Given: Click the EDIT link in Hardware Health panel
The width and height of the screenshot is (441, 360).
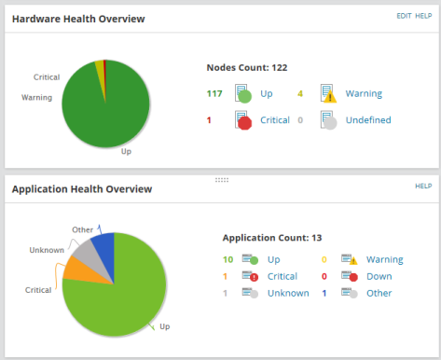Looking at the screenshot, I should (x=404, y=16).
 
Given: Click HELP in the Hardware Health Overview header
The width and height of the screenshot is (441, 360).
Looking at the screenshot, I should (x=423, y=16).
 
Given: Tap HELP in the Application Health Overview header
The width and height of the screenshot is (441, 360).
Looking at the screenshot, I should (x=423, y=187).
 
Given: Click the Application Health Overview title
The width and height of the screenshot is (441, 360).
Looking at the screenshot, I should (x=81, y=189).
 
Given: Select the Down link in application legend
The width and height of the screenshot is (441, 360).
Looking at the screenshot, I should (x=379, y=276).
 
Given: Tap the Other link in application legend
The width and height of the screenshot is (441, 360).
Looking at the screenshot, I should (x=379, y=293).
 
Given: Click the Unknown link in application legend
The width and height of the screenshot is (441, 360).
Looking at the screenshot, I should (x=287, y=293).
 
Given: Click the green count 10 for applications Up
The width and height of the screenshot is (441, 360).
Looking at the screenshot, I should (x=227, y=259).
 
